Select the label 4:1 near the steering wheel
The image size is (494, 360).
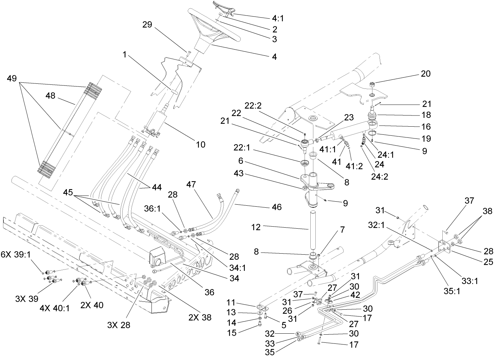click(278, 19)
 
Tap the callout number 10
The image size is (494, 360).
click(201, 145)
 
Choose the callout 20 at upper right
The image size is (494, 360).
click(425, 74)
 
